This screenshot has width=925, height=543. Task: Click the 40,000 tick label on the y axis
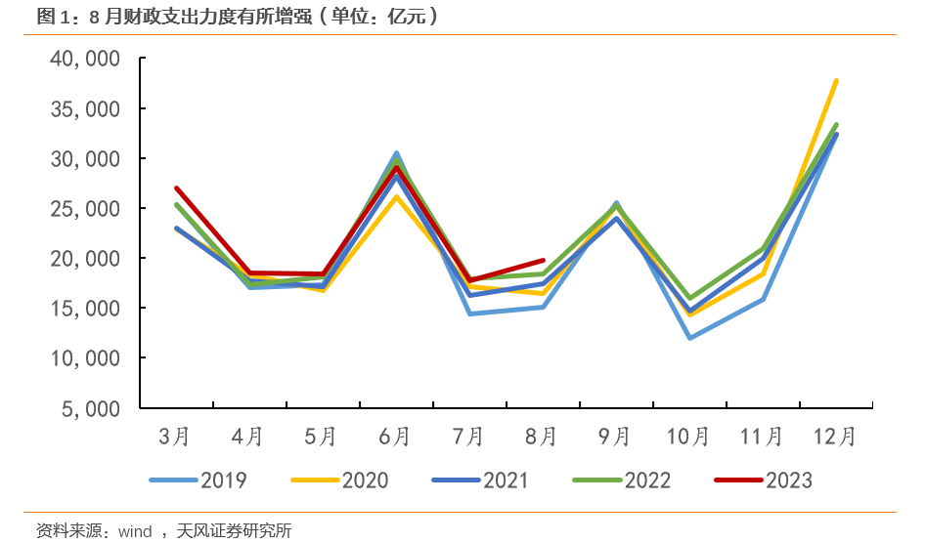84,60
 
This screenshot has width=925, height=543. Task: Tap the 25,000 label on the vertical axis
84,209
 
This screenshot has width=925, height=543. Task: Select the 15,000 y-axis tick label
84,309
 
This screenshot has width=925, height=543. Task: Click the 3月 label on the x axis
175,436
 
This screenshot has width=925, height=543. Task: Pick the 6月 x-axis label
395,436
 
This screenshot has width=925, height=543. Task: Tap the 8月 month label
542,436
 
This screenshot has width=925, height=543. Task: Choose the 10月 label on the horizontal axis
688,436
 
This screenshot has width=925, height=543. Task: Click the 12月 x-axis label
835,436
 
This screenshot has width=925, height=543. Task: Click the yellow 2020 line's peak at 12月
836,80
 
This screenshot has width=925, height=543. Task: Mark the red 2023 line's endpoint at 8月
543,261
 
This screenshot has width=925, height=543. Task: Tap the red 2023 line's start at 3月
176,188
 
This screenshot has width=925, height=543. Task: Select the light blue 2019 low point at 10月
689,338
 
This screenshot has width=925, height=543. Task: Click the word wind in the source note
135,531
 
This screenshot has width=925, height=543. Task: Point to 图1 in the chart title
49,16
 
